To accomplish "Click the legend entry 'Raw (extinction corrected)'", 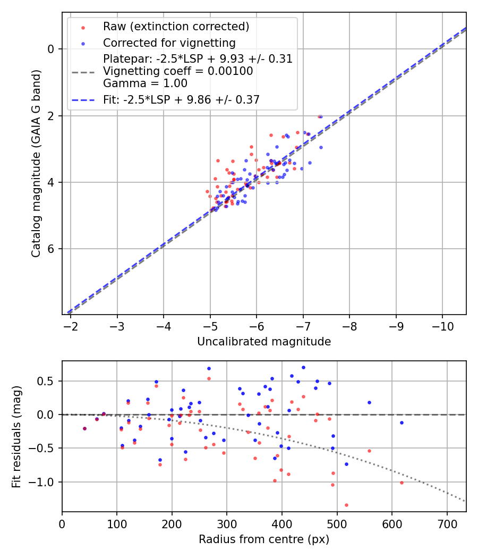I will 176,27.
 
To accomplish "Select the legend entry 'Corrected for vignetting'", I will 169,43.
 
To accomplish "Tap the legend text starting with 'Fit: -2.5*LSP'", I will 181,99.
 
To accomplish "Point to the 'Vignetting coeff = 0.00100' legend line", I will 178,71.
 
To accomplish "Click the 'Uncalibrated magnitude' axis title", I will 264,342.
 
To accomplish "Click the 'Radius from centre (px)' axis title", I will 264,539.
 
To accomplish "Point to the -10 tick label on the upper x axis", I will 442,326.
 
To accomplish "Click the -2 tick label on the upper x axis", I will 71,326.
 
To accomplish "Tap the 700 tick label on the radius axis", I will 447,524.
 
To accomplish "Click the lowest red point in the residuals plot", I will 346,505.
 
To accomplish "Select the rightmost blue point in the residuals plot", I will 402,422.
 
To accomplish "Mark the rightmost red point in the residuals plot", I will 402,483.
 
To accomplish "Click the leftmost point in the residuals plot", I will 84,428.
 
